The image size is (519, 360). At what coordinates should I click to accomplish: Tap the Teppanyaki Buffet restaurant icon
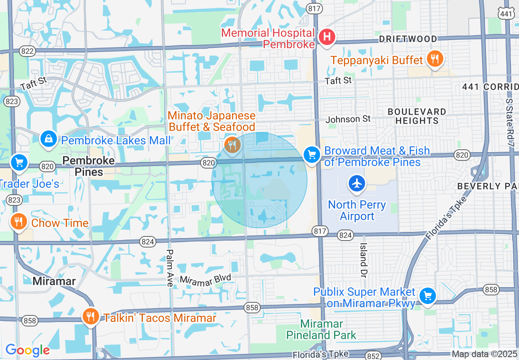click(434, 59)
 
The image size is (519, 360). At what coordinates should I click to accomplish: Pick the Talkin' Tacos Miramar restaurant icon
click(90, 316)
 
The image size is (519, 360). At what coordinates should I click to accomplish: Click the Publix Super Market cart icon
click(428, 295)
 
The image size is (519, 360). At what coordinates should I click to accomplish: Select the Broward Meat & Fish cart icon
click(312, 155)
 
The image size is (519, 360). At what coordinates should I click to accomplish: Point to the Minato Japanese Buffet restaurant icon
click(232, 144)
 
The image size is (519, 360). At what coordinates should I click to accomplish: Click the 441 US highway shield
click(506, 13)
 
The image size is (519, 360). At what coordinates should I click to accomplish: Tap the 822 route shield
click(27, 51)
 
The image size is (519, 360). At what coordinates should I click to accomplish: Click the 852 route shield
click(374, 356)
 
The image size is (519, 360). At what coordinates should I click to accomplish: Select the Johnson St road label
click(348, 119)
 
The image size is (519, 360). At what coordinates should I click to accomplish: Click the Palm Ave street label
click(170, 268)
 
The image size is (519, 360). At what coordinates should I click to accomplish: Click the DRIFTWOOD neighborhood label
click(408, 39)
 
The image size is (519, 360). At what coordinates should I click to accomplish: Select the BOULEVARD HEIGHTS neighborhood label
click(417, 116)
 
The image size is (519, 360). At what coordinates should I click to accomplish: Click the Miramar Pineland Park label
click(321, 330)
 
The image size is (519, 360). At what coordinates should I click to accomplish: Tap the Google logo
click(27, 350)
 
